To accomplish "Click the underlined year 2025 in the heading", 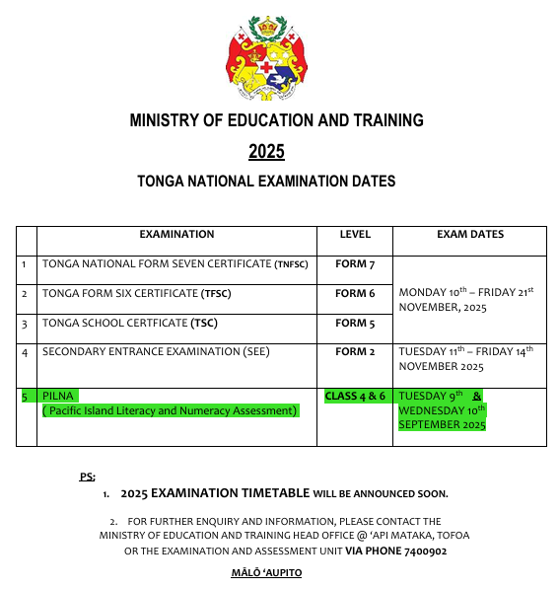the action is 266,151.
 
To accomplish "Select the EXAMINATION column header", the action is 176,235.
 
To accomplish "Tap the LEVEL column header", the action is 355,235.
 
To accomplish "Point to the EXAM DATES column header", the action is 469,235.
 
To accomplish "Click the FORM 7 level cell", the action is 355,264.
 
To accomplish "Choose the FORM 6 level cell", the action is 355,294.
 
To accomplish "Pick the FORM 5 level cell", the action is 355,324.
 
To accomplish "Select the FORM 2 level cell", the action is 355,352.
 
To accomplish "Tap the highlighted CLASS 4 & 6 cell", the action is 355,396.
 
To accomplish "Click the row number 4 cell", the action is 25,352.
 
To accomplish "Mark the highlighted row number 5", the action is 25,396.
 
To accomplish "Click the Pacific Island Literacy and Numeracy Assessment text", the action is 170,410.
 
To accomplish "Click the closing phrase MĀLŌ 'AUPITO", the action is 264,573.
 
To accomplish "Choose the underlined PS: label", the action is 87,477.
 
